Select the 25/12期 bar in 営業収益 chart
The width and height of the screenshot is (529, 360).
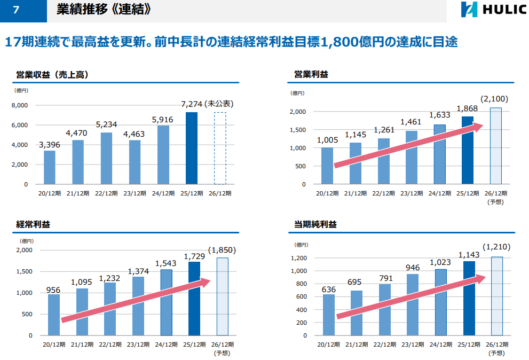(x=191, y=148)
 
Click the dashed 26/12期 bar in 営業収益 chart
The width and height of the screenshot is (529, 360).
(x=219, y=148)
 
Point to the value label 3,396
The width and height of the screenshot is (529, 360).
(x=49, y=144)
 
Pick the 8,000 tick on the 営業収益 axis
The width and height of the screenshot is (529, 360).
(x=20, y=106)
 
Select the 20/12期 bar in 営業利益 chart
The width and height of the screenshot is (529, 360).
(x=327, y=166)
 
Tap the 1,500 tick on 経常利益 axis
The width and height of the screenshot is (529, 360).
(x=25, y=271)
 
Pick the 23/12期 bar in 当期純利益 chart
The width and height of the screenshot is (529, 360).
(x=412, y=304)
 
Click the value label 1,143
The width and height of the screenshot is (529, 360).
(x=469, y=255)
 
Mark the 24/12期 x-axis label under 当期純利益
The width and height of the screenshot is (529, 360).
(x=440, y=344)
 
